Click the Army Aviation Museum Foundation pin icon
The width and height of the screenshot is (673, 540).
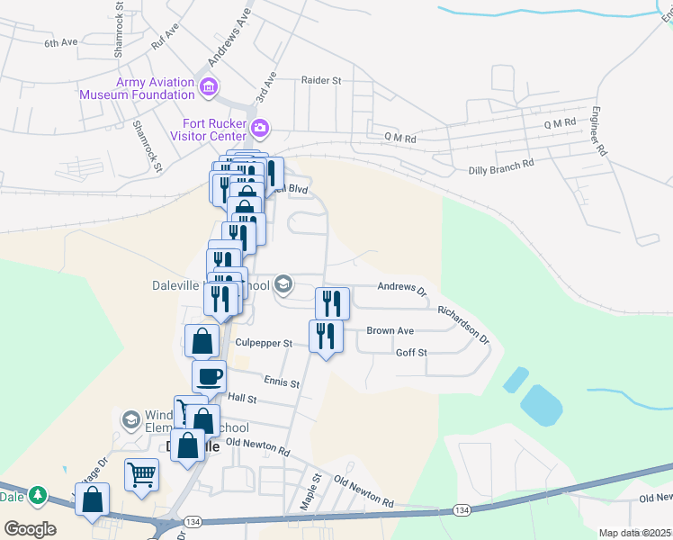(209, 87)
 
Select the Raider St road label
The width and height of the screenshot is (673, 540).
(322, 81)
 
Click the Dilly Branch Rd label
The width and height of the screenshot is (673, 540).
(501, 166)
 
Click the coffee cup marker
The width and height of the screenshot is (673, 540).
(209, 377)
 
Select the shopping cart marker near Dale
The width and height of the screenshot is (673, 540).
(142, 474)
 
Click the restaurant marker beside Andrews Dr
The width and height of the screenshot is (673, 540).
(332, 302)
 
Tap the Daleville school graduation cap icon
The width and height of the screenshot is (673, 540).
(283, 285)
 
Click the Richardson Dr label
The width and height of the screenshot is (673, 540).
(463, 326)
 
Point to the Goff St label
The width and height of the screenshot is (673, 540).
(410, 353)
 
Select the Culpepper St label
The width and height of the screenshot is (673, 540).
(264, 343)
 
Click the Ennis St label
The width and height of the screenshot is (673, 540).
(282, 382)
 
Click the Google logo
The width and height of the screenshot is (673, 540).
(30, 528)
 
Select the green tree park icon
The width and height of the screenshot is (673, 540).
(37, 495)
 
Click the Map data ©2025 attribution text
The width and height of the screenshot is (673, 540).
(635, 533)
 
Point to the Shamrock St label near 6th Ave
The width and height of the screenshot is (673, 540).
(119, 31)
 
